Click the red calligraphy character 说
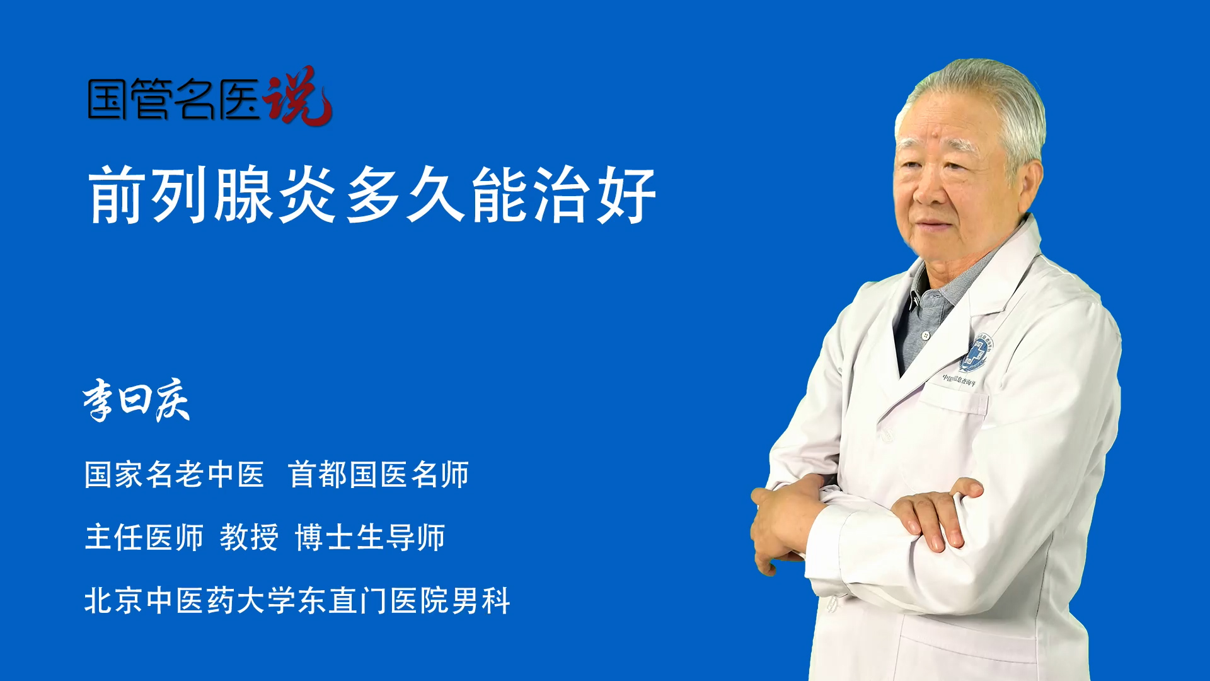pos(297,96)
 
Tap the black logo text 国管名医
pos(174,99)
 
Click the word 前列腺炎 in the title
pos(212,194)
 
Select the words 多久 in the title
pos(405,194)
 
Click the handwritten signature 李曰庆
pos(136,400)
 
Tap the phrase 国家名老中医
pos(175,474)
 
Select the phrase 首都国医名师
pos(378,474)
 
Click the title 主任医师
pos(144,537)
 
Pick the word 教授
pos(249,537)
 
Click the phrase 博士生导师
pos(370,537)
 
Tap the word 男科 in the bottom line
pos(481,600)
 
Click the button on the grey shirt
pos(925,335)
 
